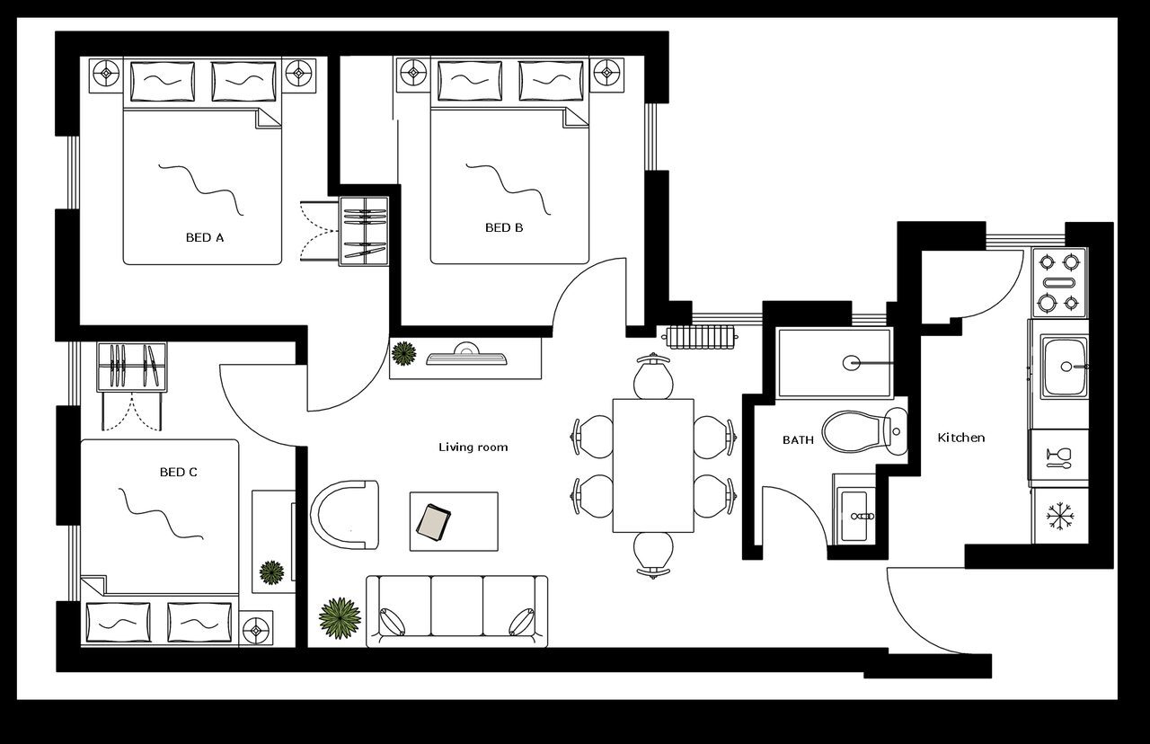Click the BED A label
coord(204,238)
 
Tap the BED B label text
coord(504,228)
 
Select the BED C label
coord(178,472)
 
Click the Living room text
coord(473,447)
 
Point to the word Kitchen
coord(961,438)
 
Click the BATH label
coord(798,440)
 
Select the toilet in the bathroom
coord(863,431)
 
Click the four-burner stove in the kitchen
coord(1058,282)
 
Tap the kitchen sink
coord(1065,367)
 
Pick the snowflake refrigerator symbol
coord(1060,517)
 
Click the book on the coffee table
coord(435,522)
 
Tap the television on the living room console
coord(466,356)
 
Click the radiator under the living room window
coord(702,336)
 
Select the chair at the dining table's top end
coord(653,376)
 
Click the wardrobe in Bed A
coord(364,232)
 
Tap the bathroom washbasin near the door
coord(856,516)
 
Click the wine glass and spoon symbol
coord(1058,457)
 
